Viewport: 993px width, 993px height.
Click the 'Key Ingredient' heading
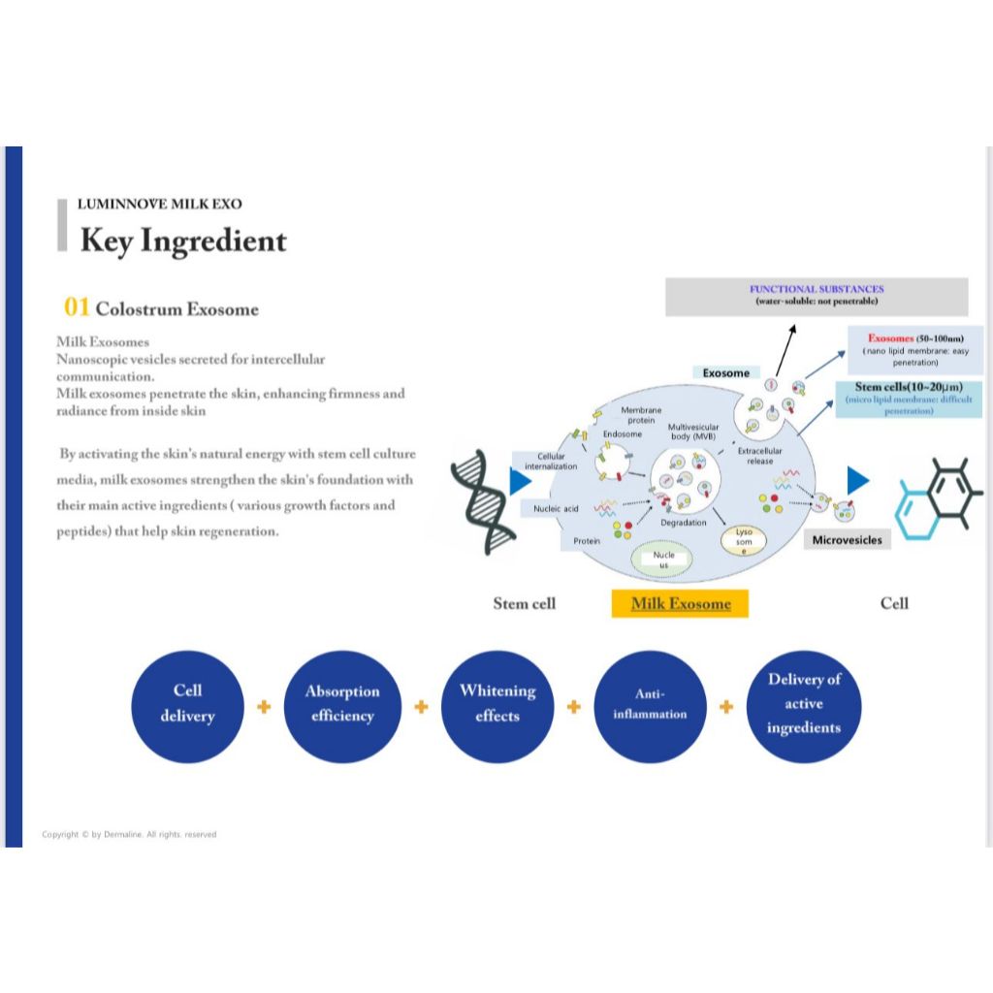[x=183, y=240]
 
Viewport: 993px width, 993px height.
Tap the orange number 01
[x=77, y=307]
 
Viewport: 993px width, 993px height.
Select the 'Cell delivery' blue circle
[x=187, y=705]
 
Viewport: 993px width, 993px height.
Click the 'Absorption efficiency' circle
[x=341, y=705]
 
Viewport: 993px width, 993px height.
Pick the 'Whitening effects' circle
[x=496, y=705]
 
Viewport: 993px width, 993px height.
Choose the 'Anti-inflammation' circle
[x=649, y=705]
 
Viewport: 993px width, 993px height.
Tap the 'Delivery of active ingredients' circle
[x=803, y=705]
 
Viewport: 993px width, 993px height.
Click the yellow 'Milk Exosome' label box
[x=681, y=603]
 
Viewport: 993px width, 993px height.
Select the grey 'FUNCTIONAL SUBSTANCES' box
[x=817, y=296]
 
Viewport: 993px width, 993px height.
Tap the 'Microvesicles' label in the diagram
[x=848, y=539]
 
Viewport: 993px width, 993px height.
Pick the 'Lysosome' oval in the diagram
[x=744, y=541]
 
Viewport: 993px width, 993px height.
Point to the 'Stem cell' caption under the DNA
[x=525, y=603]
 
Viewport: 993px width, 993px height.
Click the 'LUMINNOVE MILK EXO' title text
[x=160, y=204]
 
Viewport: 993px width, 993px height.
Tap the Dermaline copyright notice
[x=129, y=834]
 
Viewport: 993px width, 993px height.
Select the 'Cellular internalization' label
[x=551, y=462]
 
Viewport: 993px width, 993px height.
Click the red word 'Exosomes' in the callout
[x=890, y=338]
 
